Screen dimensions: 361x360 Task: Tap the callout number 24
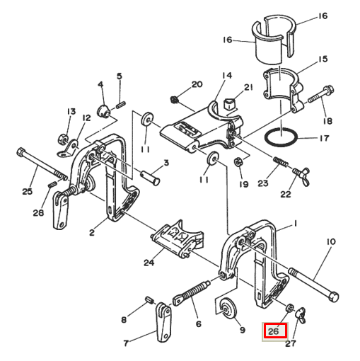click(149, 263)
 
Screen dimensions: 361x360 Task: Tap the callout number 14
click(226, 76)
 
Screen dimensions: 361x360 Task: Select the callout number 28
click(37, 212)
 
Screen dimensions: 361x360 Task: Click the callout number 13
click(71, 112)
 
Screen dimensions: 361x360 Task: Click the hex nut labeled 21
click(228, 104)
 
